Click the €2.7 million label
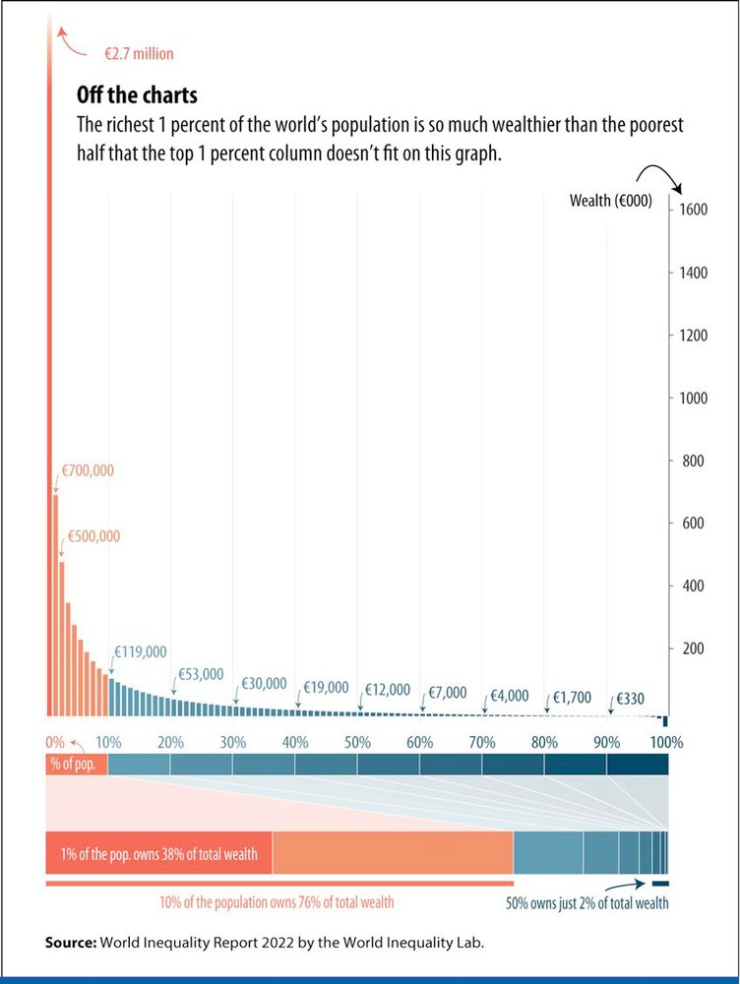(x=138, y=54)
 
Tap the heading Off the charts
(x=137, y=95)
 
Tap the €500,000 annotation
(x=93, y=536)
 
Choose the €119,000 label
(x=141, y=651)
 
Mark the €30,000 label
(x=264, y=684)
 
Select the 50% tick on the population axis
(x=358, y=741)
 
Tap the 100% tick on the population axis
(x=666, y=741)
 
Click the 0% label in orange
(x=55, y=741)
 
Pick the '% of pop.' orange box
(x=76, y=765)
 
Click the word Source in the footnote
(x=70, y=943)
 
